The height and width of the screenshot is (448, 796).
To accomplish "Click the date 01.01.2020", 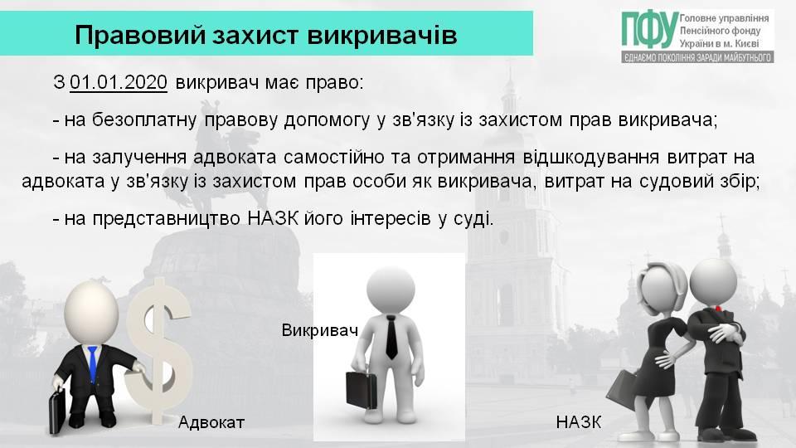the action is (119, 82).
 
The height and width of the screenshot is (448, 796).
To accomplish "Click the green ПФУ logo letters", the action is (650, 31).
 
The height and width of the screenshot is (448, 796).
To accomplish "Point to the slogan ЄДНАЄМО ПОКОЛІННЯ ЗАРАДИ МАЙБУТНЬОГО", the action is (697, 57).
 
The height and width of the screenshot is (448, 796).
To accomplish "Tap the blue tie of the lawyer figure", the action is (92, 363).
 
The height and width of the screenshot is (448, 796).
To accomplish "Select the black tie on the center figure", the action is (391, 337).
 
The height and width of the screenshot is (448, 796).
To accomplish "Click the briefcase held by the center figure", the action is (362, 390).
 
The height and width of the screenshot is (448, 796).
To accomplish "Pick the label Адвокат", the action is (211, 422).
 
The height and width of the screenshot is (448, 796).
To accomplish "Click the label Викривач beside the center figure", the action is (320, 330).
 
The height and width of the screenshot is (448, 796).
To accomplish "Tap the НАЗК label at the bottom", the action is (579, 421).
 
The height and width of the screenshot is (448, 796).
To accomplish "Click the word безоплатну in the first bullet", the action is (144, 119).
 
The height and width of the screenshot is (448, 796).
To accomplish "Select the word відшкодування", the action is (591, 157).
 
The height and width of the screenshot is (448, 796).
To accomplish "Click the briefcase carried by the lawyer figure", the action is (57, 411).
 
